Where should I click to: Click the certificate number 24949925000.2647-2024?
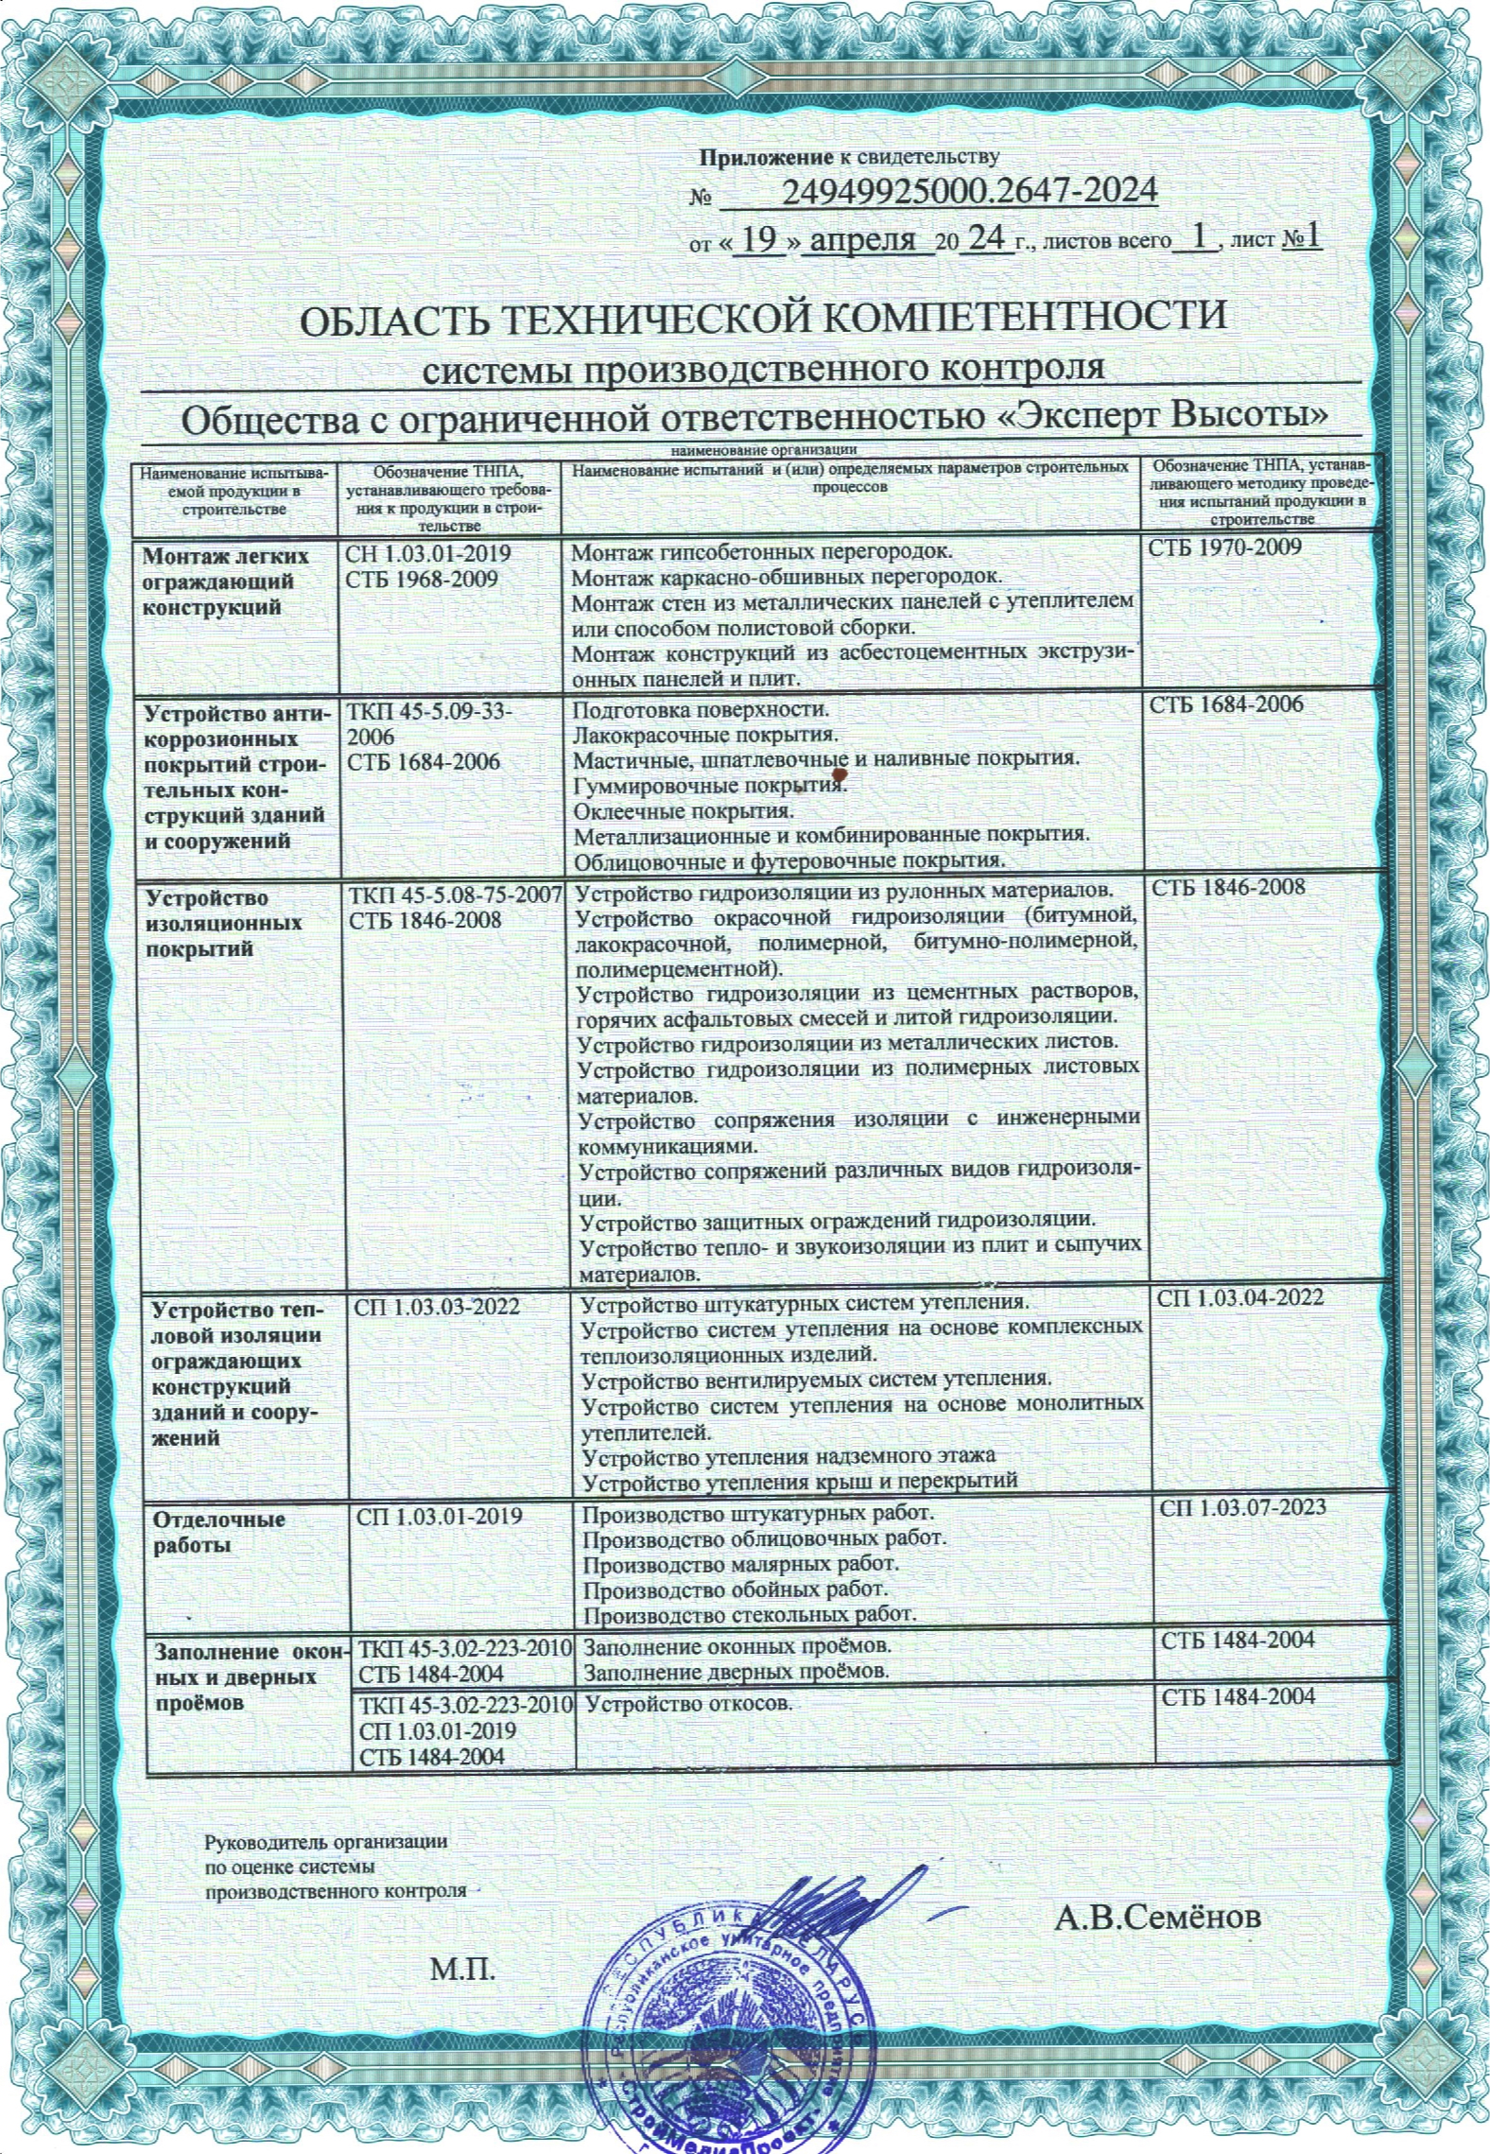click(x=969, y=192)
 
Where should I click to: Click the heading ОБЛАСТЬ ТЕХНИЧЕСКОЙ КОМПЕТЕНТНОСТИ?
click(x=763, y=317)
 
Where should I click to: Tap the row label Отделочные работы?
click(x=219, y=1533)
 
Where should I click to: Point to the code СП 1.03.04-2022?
click(x=1240, y=1298)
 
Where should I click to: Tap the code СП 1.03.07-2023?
click(x=1242, y=1506)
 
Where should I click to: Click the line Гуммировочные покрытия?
click(x=709, y=786)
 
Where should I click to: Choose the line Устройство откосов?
click(x=688, y=1704)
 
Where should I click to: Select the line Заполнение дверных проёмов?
click(x=737, y=1671)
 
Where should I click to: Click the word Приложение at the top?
click(x=767, y=156)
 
